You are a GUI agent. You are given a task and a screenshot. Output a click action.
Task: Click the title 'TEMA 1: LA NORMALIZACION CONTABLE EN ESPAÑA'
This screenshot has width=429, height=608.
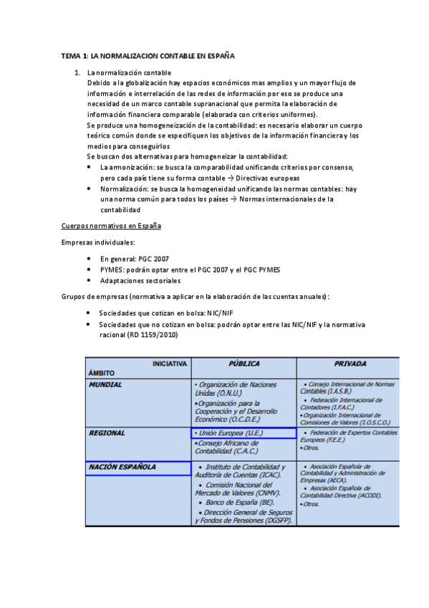[x=148, y=55]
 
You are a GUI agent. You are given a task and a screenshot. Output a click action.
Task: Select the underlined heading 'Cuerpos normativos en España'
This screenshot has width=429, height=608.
[x=111, y=226]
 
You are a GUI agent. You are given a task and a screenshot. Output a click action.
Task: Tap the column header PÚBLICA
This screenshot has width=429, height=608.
[x=244, y=364]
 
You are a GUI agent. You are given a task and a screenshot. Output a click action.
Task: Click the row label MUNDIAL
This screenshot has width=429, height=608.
[x=105, y=385]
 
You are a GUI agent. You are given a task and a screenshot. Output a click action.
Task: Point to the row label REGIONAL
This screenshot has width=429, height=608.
[x=107, y=433]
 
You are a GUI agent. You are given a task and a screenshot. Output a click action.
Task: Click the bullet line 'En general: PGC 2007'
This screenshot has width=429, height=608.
[x=135, y=259]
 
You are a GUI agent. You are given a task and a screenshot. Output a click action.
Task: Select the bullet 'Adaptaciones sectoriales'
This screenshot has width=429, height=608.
[x=140, y=280]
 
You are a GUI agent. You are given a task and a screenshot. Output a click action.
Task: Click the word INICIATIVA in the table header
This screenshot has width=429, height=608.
[x=170, y=364]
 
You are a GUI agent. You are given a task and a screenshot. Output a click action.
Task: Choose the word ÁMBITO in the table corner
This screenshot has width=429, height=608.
[x=102, y=373]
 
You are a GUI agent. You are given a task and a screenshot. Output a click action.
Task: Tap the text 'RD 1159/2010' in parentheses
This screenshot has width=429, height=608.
[x=153, y=335]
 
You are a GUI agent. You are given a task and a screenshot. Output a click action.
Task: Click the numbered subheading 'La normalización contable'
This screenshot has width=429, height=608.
[x=129, y=72]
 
